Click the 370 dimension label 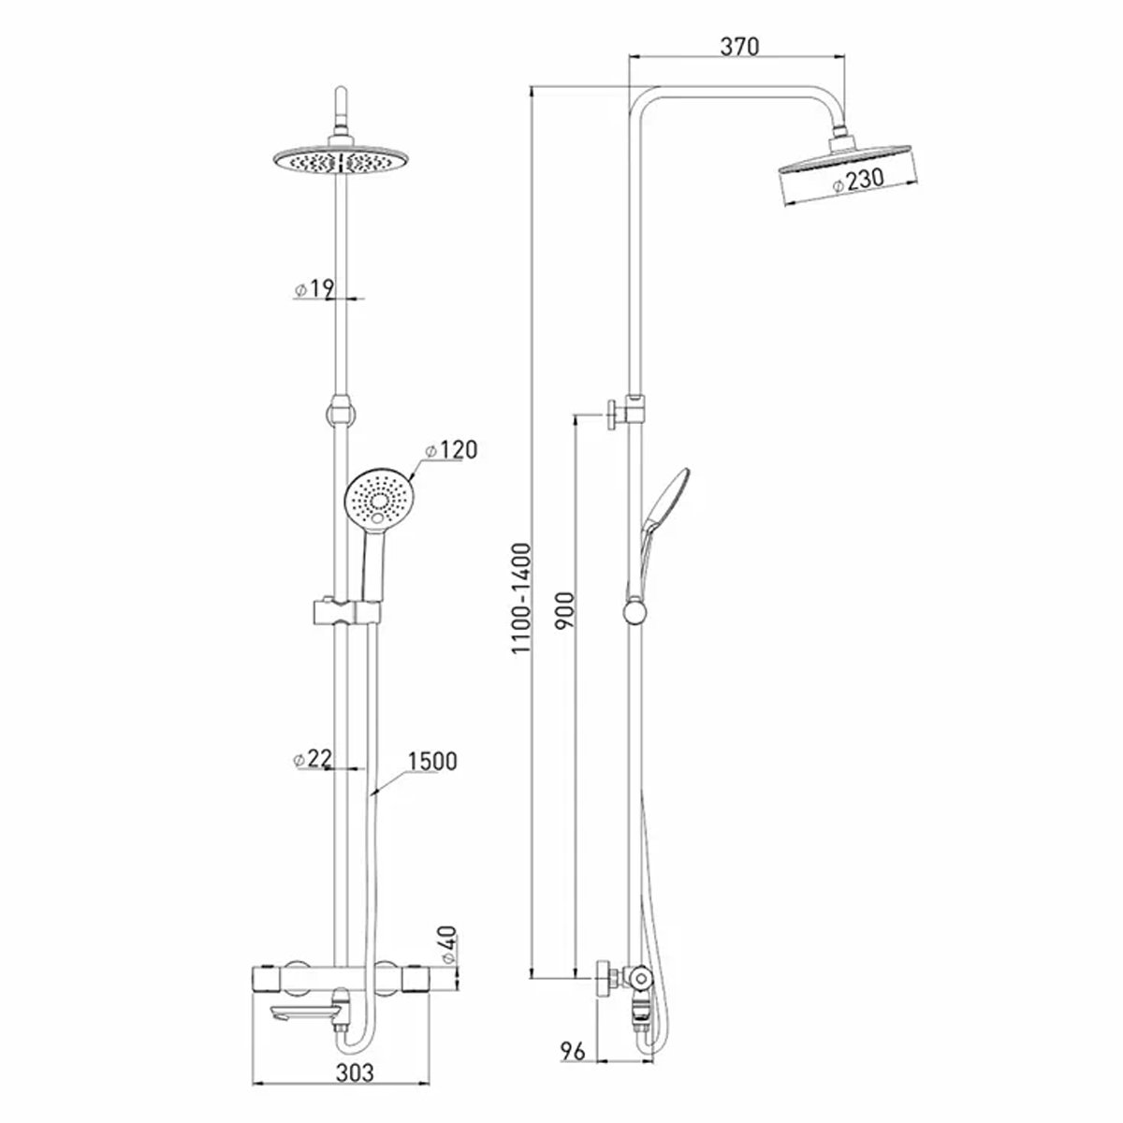pyautogui.click(x=739, y=46)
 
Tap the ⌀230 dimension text pyautogui.click(x=858, y=182)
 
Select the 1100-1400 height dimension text pyautogui.click(x=521, y=598)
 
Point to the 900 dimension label pyautogui.click(x=564, y=610)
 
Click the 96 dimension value pyautogui.click(x=573, y=1051)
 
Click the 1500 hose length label pyautogui.click(x=432, y=760)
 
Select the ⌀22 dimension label pyautogui.click(x=313, y=759)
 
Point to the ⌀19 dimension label pyautogui.click(x=314, y=288)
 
